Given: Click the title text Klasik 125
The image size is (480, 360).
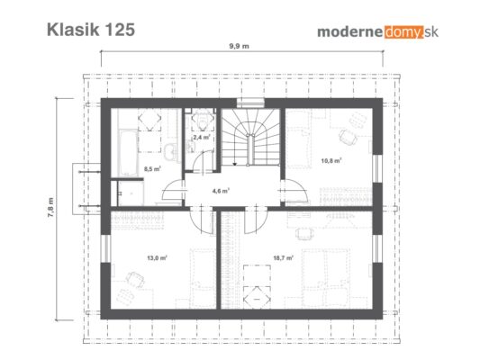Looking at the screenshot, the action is point(91,30).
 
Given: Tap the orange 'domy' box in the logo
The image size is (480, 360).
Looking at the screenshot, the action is point(404,31).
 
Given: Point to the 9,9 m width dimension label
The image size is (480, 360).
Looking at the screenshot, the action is point(239,46).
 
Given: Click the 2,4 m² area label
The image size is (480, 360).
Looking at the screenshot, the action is point(202,138).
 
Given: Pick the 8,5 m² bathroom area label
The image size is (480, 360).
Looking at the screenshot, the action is point(152,168).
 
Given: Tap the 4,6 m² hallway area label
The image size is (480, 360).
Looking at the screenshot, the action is point(221,191).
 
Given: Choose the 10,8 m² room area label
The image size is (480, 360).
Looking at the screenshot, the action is point(331,160).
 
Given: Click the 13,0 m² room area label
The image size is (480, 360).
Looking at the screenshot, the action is point(157,257).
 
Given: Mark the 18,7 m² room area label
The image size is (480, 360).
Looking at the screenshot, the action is point(283,257).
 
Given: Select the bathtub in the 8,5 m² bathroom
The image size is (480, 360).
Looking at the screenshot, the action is point(128,152).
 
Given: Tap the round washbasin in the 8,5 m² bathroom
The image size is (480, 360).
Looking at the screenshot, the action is point(170,150).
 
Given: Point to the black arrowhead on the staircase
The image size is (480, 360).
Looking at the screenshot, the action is point(234,164).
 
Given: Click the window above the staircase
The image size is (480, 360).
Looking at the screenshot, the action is point(250,103).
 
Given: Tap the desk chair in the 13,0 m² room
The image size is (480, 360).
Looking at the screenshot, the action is point(135,279).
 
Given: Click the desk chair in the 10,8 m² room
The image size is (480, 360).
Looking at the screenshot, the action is point(348,137).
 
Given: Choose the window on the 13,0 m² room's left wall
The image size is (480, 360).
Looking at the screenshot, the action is point(105,248).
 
